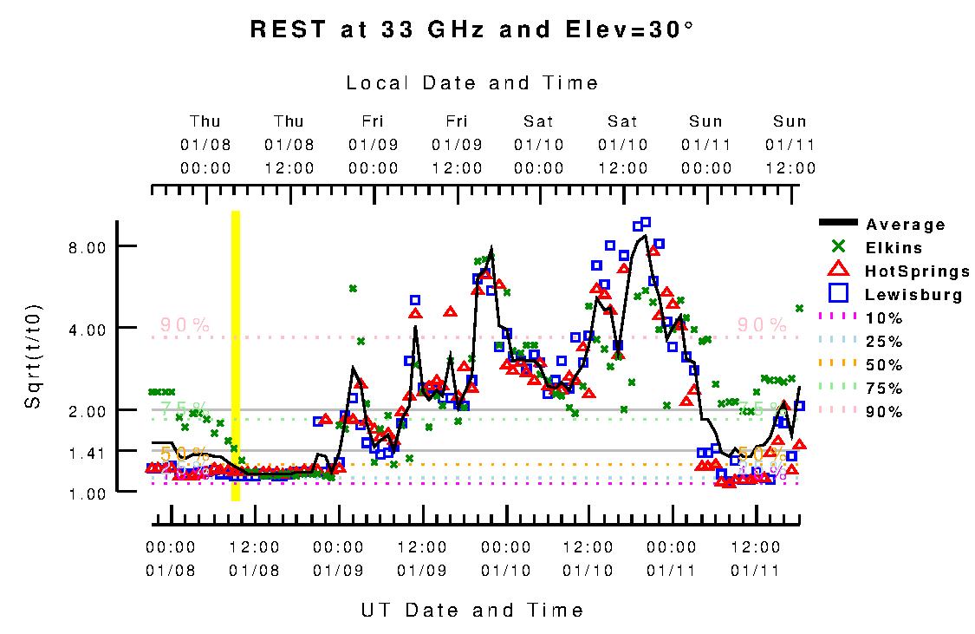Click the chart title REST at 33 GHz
[471, 29]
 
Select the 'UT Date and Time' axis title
[472, 610]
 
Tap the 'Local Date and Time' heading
[472, 83]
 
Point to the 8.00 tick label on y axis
[87, 247]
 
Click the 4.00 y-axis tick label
[87, 329]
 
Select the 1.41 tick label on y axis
[87, 452]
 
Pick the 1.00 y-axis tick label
[87, 493]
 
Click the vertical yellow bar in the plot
[235, 356]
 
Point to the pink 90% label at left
[185, 325]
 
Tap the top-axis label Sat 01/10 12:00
[622, 144]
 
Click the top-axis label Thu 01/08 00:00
[205, 144]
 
